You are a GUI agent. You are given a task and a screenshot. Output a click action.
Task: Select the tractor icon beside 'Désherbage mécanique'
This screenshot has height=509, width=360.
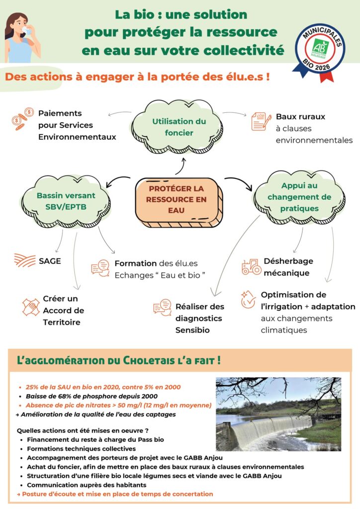(251, 267)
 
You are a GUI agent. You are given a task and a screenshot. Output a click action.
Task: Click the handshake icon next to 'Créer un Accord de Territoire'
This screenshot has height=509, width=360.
(31, 307)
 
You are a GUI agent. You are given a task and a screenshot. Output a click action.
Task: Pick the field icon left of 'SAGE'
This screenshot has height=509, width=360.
(24, 260)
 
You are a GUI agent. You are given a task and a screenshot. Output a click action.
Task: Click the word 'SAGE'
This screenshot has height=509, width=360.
(50, 260)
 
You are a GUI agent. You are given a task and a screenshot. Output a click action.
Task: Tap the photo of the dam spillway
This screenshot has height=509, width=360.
(278, 414)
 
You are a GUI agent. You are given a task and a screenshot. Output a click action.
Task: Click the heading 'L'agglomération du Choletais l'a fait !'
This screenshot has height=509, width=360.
(118, 359)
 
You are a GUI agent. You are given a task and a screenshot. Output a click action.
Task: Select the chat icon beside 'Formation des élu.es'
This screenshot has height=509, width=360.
(100, 268)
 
